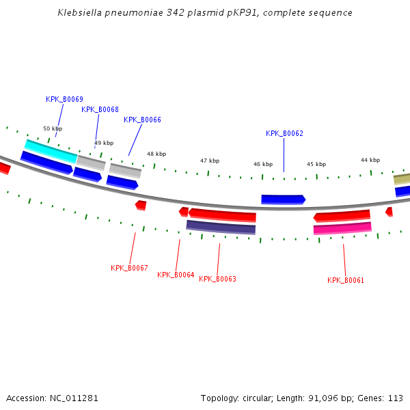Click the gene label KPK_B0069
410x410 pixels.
point(64,99)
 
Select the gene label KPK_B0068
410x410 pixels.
point(100,109)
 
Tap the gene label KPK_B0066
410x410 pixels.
point(142,120)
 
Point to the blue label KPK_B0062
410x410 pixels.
point(284,133)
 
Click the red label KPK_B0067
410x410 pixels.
point(129,268)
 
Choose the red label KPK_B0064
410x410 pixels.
point(176,275)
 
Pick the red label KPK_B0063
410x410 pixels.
point(217,279)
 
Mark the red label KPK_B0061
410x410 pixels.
point(346,280)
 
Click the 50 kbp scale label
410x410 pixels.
point(53,128)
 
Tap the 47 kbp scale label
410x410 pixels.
point(210,161)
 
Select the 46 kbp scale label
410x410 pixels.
point(263,164)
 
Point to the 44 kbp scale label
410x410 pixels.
point(370,160)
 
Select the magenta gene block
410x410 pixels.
point(342,228)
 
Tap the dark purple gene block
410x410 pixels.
point(221,227)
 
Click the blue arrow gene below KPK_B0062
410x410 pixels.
point(283,200)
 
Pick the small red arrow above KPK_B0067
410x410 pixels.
point(141,204)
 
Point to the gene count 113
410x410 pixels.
point(395,398)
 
